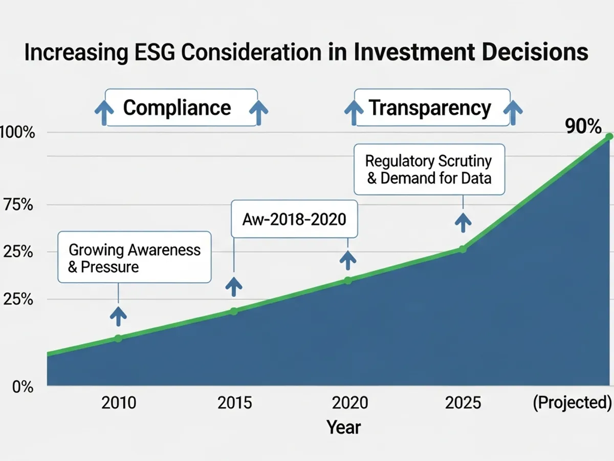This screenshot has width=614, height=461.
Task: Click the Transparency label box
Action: tap(432, 108)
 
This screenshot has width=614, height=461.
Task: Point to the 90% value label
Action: tap(584, 126)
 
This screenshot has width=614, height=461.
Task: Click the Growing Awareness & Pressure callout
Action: tap(134, 257)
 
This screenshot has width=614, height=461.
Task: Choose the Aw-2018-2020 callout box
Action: tap(294, 219)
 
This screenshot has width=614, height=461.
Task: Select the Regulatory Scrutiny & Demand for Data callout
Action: tap(429, 169)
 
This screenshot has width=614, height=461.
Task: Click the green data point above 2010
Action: tap(118, 338)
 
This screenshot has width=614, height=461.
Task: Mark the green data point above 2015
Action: tap(234, 311)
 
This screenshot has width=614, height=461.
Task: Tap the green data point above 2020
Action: tap(348, 280)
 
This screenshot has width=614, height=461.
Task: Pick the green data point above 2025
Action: tap(463, 249)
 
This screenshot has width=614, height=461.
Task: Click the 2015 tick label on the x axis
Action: tap(234, 403)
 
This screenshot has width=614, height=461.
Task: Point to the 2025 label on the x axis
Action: tap(463, 403)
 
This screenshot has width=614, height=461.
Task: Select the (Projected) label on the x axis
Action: tap(572, 403)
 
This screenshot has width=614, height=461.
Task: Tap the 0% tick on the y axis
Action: tap(23, 387)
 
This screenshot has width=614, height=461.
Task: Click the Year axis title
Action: tap(344, 427)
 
